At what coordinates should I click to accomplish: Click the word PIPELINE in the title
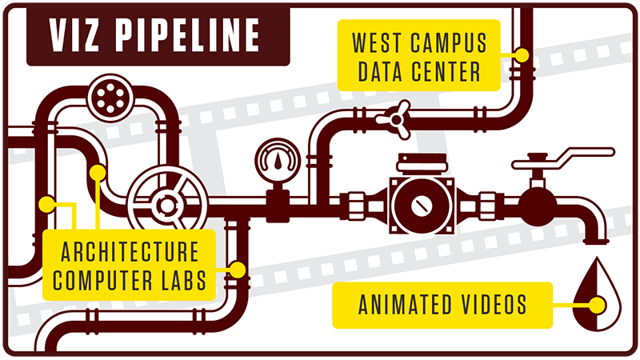[x=187, y=35]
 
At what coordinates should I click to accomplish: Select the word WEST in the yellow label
[x=375, y=42]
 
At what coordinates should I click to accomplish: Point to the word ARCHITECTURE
[x=130, y=252]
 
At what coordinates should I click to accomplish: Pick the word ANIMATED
[x=411, y=305]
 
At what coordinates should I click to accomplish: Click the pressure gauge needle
[x=278, y=161]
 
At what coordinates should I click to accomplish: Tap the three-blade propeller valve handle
[x=394, y=119]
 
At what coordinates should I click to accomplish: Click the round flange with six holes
[x=110, y=98]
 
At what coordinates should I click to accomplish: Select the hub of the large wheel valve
[x=167, y=206]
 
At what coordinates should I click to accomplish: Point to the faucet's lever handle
[x=563, y=158]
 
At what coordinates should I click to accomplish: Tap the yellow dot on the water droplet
[x=597, y=306]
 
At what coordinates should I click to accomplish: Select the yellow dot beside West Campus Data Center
[x=522, y=54]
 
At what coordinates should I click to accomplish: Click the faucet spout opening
[x=595, y=242]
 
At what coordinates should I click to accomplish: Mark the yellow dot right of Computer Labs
[x=237, y=270]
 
